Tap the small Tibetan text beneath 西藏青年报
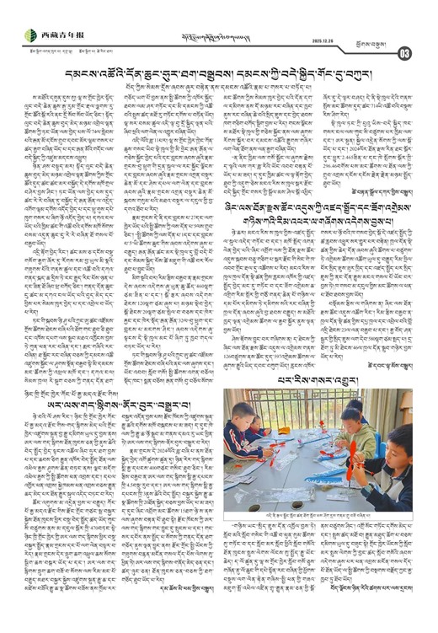pyautogui.click(x=59, y=47)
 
